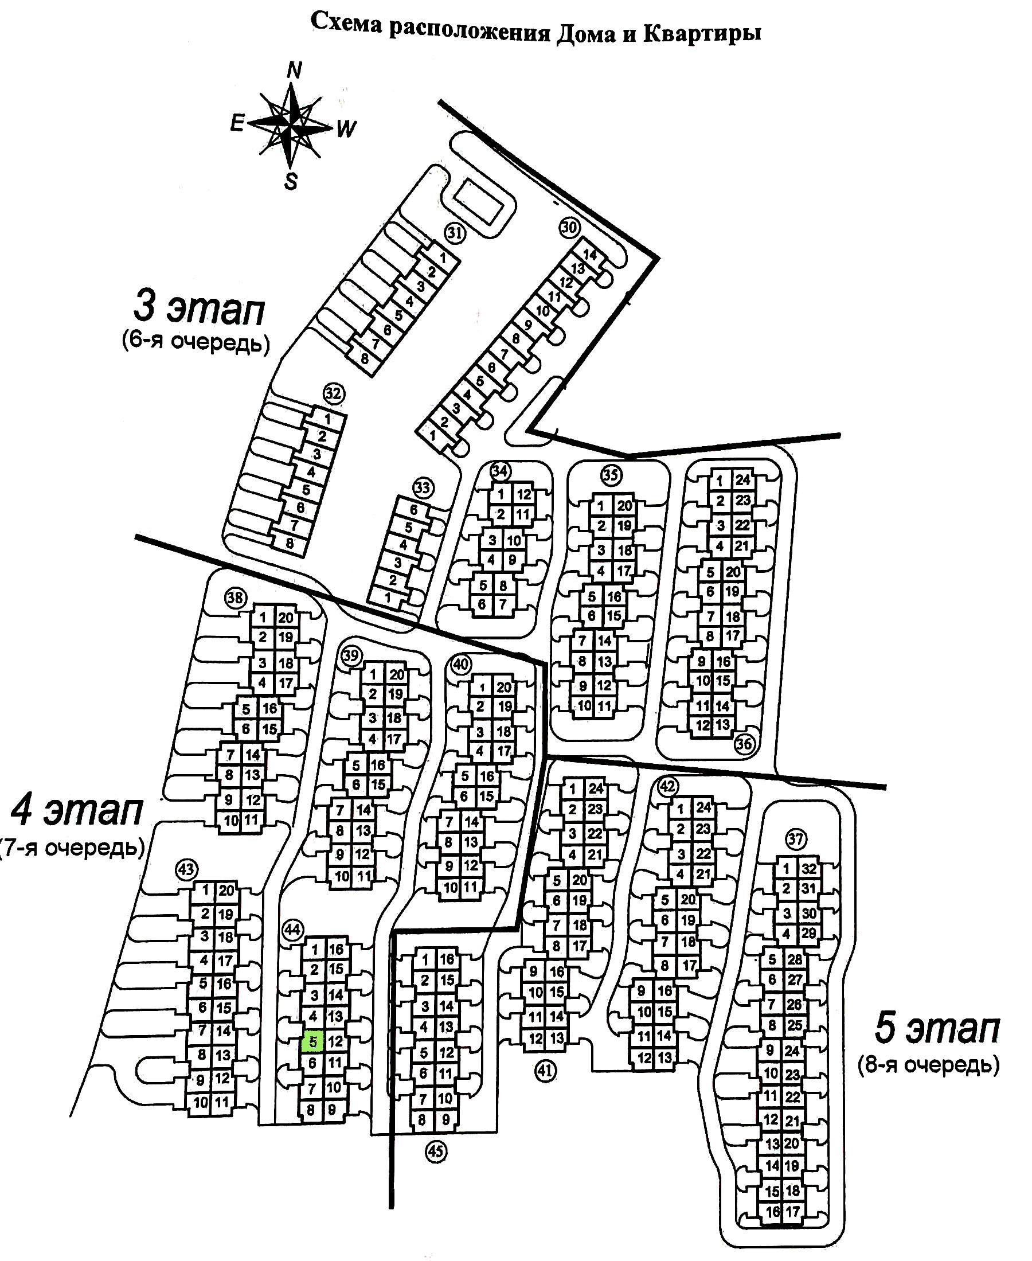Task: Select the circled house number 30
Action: coord(569,227)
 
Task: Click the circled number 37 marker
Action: coord(796,840)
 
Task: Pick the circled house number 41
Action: coord(545,1071)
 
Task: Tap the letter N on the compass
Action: coord(294,71)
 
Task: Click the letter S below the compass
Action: coord(291,181)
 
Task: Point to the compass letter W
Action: coord(346,128)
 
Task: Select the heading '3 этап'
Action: coord(198,309)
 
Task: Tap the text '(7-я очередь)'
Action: coord(72,847)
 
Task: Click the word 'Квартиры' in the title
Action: coord(703,34)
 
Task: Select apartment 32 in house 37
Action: coord(809,869)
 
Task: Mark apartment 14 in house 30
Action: coord(590,255)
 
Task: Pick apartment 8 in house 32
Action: coord(290,544)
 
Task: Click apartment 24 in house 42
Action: coord(703,808)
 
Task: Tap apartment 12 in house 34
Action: coord(523,494)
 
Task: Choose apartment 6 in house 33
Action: coord(414,510)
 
